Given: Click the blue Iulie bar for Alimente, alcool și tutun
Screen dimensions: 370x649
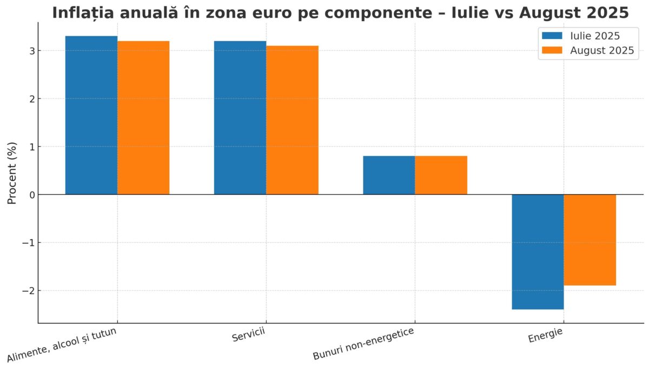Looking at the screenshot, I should (91, 115).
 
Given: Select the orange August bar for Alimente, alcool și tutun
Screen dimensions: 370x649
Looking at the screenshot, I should (143, 117).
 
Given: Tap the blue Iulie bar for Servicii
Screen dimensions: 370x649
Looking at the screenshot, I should (240, 117).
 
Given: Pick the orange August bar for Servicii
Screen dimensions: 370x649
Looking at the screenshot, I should (292, 120).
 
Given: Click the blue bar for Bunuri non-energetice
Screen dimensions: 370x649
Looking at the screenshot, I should (389, 175).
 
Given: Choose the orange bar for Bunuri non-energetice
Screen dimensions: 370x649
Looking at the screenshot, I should (441, 175).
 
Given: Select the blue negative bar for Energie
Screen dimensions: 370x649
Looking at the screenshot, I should (538, 252).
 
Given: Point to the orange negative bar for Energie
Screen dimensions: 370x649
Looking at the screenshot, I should (590, 240).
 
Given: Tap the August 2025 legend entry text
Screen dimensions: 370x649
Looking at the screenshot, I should (602, 51).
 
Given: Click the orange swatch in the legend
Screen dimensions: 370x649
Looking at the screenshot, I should (553, 51).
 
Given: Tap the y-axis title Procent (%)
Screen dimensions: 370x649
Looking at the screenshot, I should (12, 173).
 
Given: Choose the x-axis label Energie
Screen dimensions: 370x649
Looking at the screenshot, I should (545, 336).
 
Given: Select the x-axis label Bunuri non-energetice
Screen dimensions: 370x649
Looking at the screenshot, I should (363, 344).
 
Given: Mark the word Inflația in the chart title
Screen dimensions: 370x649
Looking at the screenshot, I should (83, 13).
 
